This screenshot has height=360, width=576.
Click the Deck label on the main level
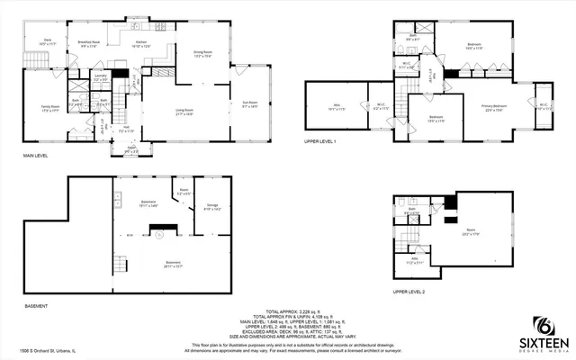[47, 41]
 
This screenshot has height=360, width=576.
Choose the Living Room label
[184, 112]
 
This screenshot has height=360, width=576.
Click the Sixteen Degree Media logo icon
[543, 326]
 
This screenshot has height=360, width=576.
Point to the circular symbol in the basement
[159, 235]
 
